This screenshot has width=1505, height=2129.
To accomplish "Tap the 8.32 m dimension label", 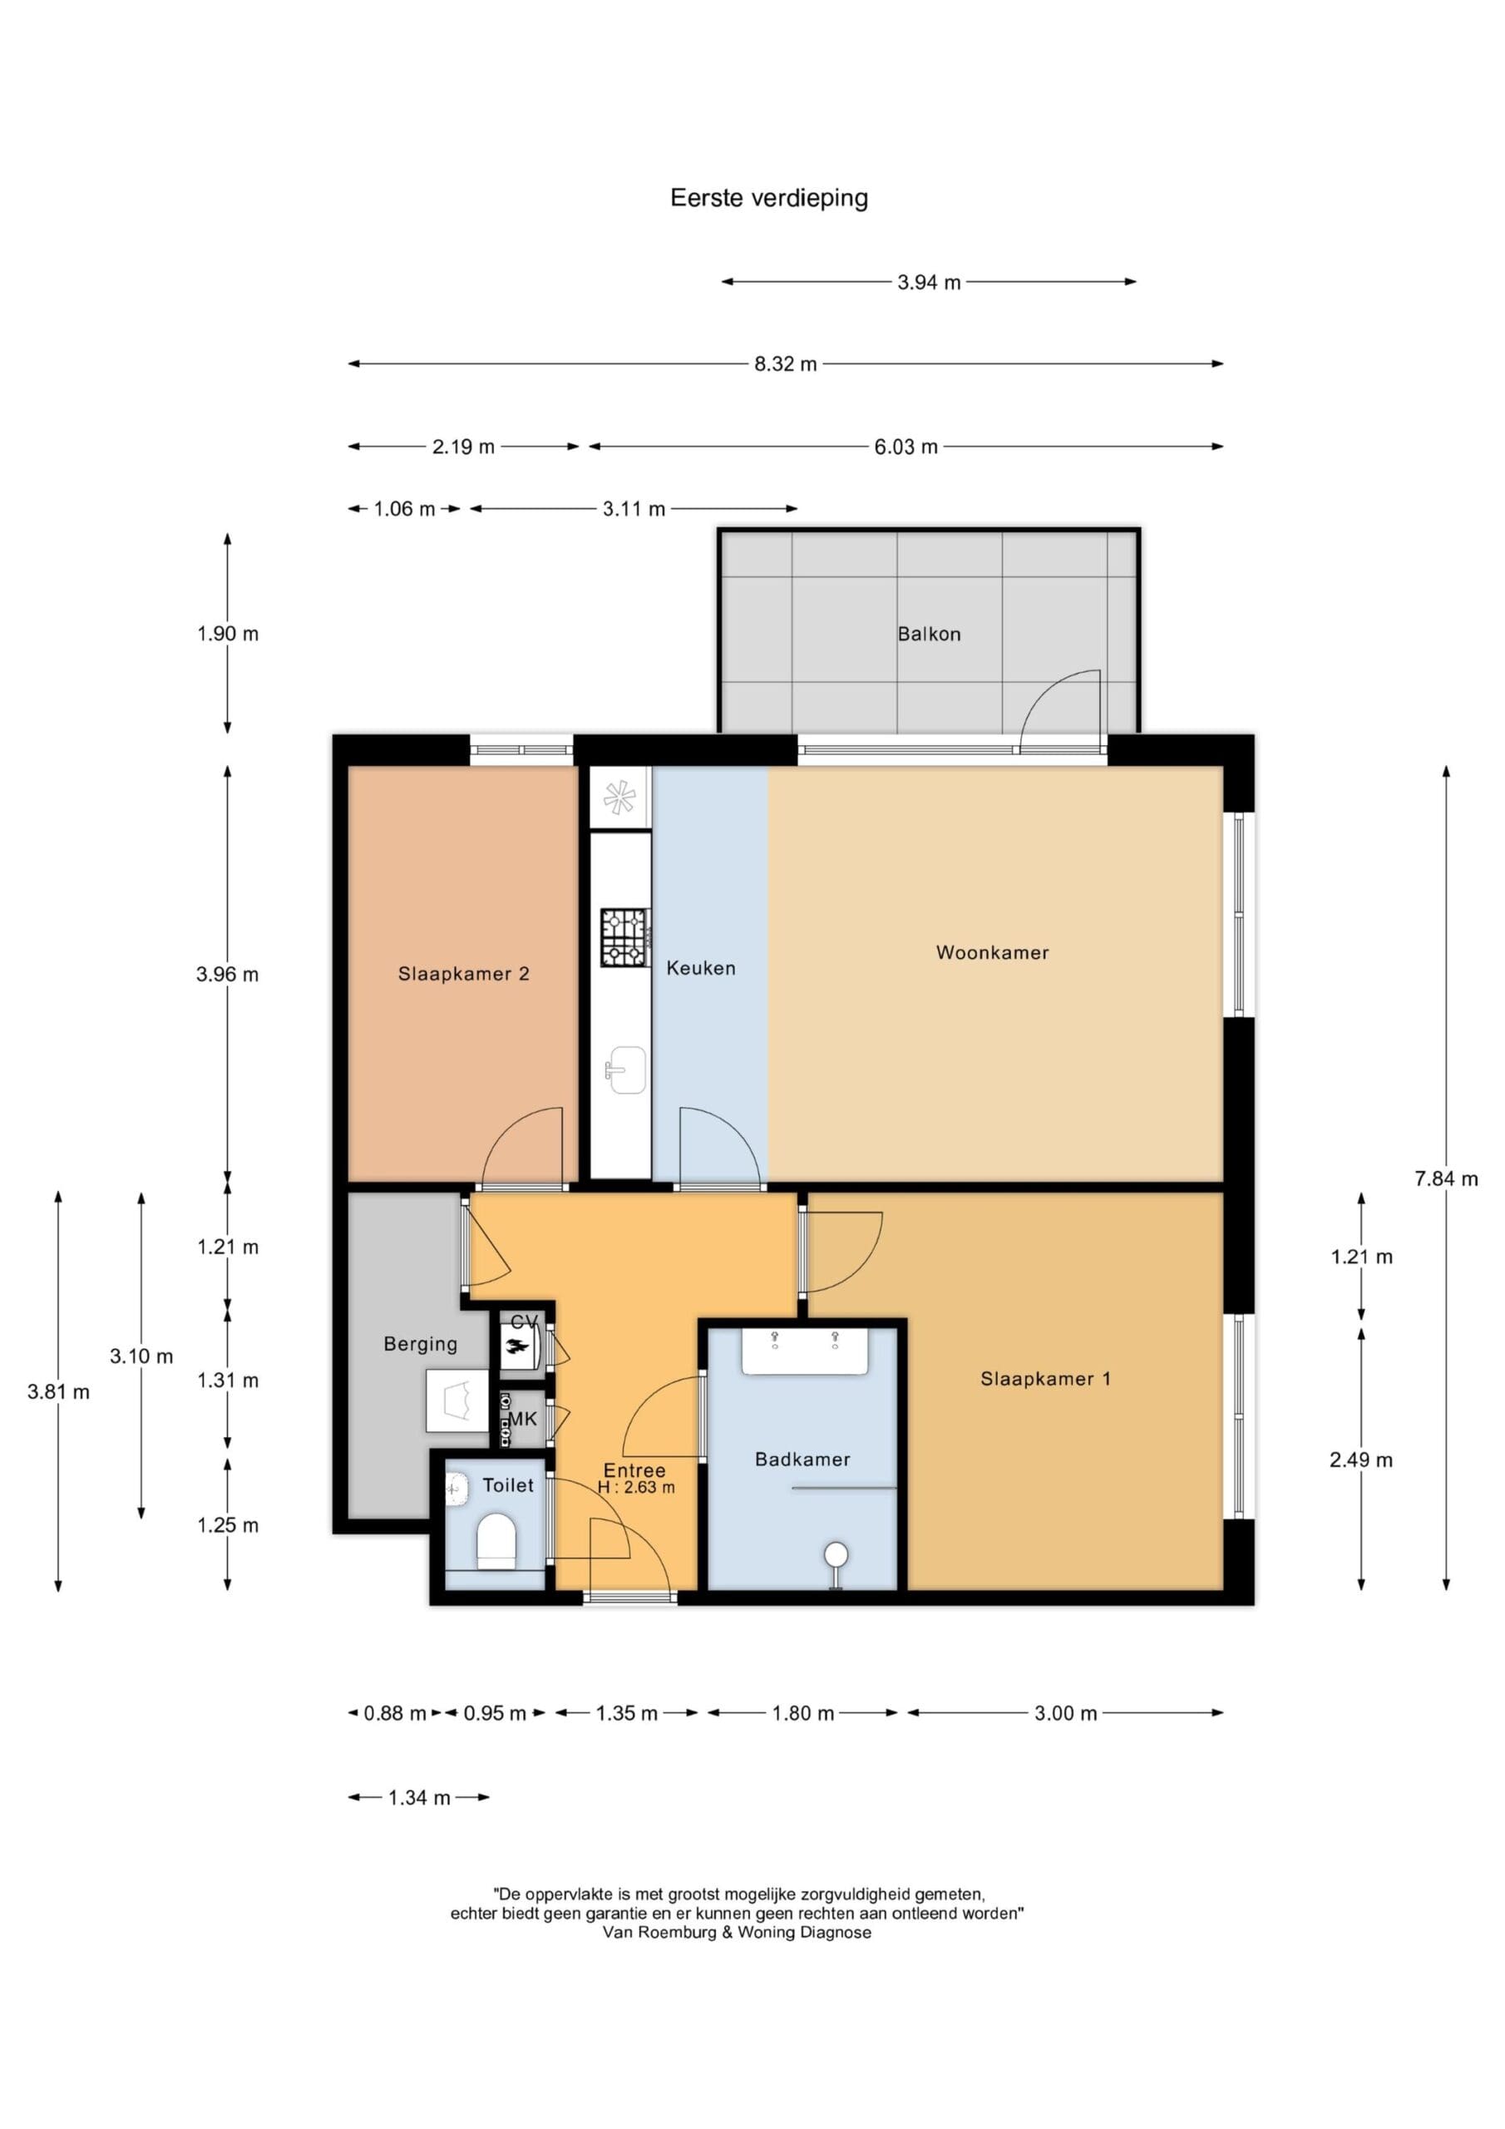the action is pos(786,364).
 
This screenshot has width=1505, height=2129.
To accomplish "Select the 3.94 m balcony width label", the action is pos(928,283).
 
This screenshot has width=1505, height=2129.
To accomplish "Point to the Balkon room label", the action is pos(929,635).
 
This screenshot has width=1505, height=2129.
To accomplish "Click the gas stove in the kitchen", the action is pos(624,936).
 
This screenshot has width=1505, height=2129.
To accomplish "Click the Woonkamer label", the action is pos(992,952).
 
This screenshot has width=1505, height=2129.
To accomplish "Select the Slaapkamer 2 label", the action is pos(464,974).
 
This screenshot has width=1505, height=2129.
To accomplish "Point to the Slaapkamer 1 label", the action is pos(1045,1379).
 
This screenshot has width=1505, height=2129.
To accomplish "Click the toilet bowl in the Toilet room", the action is pos(496,1541).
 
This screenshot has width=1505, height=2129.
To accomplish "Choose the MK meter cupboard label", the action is pos(522,1419).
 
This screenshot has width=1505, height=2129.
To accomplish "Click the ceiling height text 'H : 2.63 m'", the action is pos(636,1487).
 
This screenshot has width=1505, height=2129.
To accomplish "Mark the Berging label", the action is pos(420,1344).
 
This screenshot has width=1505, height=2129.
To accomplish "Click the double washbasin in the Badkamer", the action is pos(804,1351).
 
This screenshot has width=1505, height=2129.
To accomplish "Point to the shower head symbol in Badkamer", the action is pos(836,1554).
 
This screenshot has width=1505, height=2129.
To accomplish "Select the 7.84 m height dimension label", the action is pos(1446,1178).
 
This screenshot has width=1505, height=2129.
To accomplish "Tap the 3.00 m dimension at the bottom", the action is pos(1065,1712).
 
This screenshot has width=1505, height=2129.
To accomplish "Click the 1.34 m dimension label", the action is pos(419,1798).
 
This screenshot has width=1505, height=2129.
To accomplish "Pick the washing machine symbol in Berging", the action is pos(457,1401).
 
